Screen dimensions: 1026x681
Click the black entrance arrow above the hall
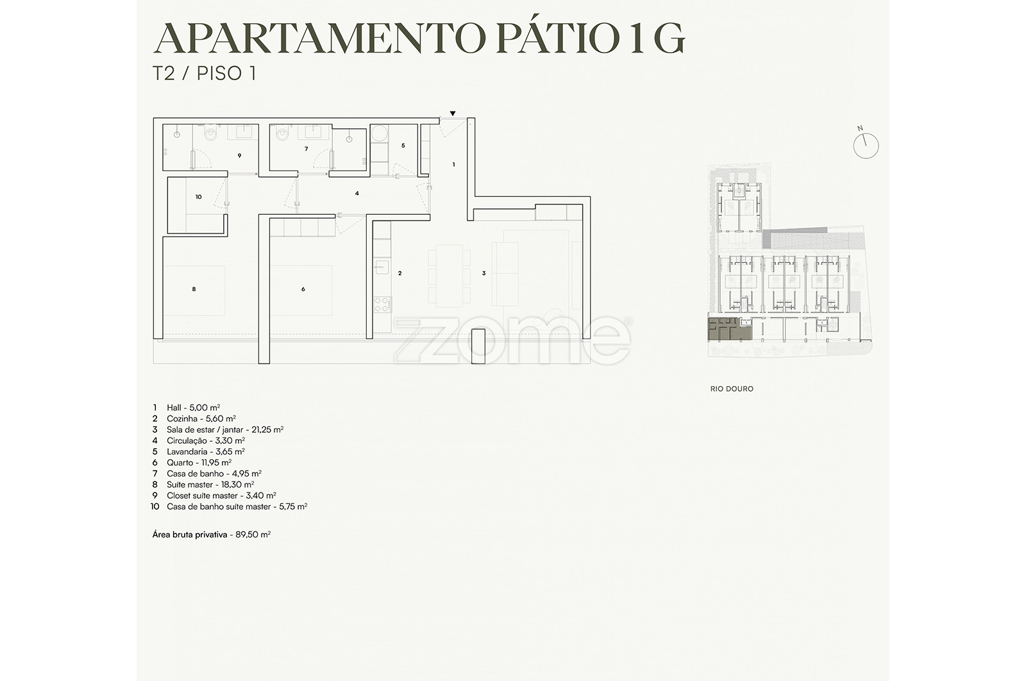[453, 113]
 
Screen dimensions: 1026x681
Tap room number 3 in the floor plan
[484, 273]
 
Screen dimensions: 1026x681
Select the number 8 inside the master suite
[194, 289]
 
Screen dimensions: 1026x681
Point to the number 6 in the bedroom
[303, 289]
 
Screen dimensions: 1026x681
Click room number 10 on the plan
[198, 197]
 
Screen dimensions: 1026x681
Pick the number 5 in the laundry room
[403, 146]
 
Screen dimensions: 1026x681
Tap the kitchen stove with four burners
[382, 304]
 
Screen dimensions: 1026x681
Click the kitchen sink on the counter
[382, 267]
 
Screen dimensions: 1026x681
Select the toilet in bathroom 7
[282, 133]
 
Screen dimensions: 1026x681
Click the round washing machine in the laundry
[379, 133]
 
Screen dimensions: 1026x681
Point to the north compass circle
[866, 146]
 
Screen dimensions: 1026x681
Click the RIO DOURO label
[732, 389]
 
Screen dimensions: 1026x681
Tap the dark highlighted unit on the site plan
[730, 330]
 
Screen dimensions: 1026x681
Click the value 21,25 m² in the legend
[267, 430]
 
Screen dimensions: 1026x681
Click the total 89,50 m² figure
[253, 534]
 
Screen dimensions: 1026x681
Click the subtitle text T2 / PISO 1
[205, 73]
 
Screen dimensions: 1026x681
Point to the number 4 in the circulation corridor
[357, 194]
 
